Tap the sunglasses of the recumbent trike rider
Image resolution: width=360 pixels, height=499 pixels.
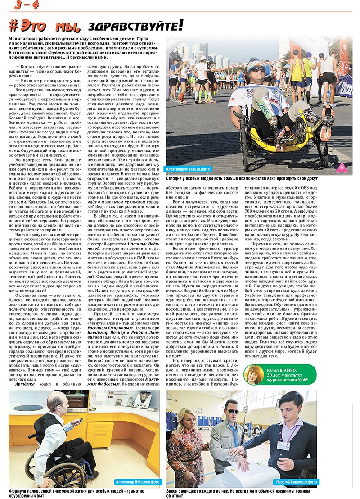tap(257, 69)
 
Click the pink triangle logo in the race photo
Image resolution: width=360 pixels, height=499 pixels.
tap(342, 167)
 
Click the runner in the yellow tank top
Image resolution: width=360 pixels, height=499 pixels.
tap(297, 68)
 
